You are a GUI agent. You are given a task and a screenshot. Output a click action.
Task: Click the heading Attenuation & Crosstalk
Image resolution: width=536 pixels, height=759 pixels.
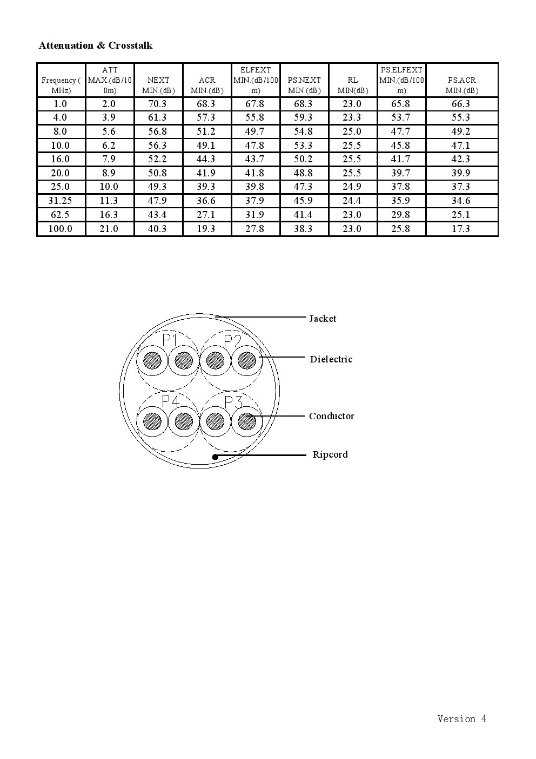point(96,45)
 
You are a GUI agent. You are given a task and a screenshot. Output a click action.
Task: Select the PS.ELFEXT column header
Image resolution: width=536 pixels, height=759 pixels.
point(401,80)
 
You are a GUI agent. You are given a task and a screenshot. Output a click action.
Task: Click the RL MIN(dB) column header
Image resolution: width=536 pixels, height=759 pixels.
point(353,85)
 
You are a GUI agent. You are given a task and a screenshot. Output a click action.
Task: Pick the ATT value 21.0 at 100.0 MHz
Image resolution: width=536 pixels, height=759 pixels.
point(109,229)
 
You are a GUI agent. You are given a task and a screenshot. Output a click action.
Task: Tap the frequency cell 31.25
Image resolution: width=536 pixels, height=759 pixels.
point(60,201)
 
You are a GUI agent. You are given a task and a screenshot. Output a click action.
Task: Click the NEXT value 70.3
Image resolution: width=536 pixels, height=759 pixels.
point(157,104)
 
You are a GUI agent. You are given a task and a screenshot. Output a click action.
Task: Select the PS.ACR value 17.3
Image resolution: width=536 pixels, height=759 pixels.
point(461,229)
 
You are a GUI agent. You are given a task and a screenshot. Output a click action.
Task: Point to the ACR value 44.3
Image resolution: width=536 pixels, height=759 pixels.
point(206,159)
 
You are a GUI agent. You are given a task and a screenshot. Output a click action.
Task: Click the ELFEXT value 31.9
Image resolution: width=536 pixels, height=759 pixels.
point(255,215)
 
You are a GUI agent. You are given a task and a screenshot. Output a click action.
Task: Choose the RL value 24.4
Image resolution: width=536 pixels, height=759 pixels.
point(352,201)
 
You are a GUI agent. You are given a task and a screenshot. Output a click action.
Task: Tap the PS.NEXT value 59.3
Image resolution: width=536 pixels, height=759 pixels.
point(304,117)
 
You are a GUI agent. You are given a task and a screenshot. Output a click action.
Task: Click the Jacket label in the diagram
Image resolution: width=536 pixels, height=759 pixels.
point(323,319)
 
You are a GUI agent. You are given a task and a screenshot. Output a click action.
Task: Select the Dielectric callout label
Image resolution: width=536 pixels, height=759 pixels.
point(331,359)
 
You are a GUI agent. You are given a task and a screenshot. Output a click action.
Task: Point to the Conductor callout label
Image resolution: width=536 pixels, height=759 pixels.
point(332,416)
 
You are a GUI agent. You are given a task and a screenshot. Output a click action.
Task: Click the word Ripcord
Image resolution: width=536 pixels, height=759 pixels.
point(330,454)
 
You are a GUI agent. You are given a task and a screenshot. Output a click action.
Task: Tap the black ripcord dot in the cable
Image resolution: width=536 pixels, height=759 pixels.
point(215,457)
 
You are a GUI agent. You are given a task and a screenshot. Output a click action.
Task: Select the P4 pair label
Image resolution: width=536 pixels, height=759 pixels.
point(170,401)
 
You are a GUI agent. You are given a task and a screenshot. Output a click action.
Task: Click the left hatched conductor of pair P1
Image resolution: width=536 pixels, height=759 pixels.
point(152,360)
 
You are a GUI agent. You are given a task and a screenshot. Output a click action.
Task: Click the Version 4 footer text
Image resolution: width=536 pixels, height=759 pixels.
point(462,719)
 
